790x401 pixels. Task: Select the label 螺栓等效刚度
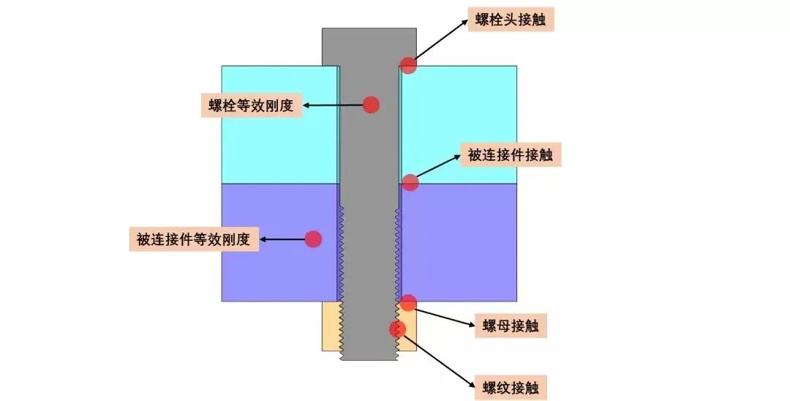[x=251, y=105]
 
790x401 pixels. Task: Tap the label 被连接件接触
[x=509, y=154]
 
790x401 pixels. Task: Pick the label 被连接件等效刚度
[x=194, y=239]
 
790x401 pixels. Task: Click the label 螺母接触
[x=511, y=326]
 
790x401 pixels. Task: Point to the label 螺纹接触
[x=510, y=386]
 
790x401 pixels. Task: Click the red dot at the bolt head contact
[x=408, y=64]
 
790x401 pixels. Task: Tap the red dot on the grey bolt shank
[x=372, y=105]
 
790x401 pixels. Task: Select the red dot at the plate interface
[x=410, y=182]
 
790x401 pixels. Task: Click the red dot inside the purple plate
[x=313, y=239]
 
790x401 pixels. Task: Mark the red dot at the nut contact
[x=408, y=302]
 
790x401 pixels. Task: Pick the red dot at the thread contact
[x=397, y=329]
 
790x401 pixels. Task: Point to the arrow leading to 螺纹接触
[x=435, y=359]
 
